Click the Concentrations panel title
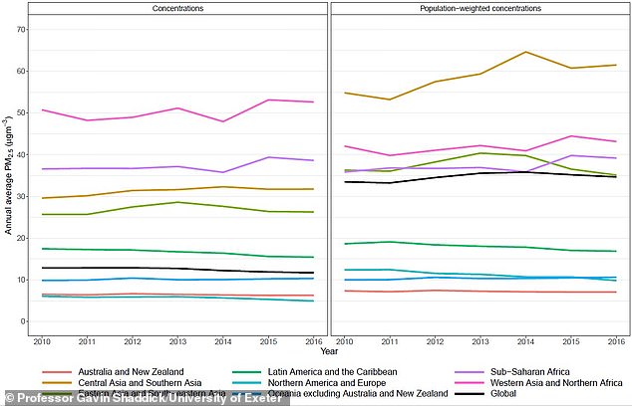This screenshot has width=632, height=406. coord(179,9)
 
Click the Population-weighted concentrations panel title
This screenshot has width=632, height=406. coord(477,9)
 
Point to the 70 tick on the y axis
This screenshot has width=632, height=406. coord(21,30)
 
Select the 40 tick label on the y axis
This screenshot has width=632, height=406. coord(21,154)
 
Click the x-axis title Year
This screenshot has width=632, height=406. coord(329,350)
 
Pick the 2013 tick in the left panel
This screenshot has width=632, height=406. coord(177,340)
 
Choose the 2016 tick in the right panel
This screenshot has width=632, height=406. coord(616,340)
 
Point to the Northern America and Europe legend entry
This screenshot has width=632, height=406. coord(316,382)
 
